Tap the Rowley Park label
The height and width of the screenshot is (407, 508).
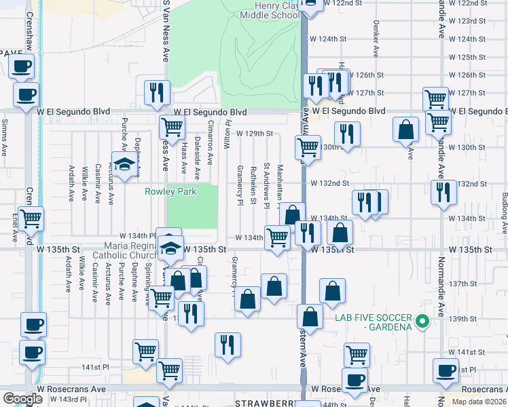pos(170,191)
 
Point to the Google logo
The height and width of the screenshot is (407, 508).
pos(22,398)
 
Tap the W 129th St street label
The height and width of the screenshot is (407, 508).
pos(255,134)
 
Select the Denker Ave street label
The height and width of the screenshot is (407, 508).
pos(375,44)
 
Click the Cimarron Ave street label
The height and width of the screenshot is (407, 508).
pos(210,149)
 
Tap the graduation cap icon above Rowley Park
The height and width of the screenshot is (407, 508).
pos(124,165)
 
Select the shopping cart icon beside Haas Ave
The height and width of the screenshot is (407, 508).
pos(173,125)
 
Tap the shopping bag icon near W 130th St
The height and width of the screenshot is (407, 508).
pos(405,130)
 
